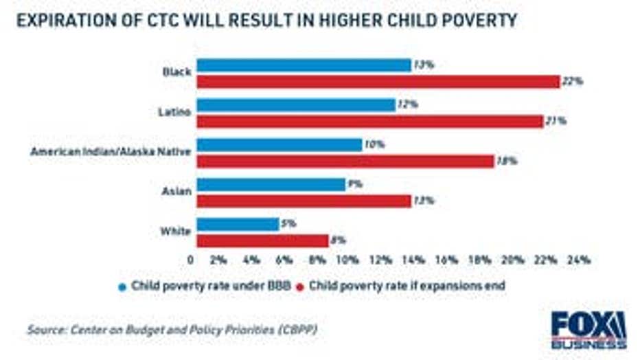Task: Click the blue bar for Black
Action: coord(304,65)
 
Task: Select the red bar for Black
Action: coord(378,82)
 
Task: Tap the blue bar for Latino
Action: coord(296,105)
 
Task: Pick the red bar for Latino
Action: coord(369,122)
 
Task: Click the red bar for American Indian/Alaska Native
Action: coord(345,161)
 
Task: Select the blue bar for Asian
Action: coord(271,185)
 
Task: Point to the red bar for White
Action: coord(262,240)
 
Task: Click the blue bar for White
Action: coord(238,224)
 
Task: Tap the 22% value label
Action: coord(572,82)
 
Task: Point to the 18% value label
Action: coord(506,161)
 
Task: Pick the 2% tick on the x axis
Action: coord(218,260)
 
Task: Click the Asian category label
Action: coord(176,192)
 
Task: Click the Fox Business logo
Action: coord(588,330)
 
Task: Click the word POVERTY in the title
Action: coord(472,21)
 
